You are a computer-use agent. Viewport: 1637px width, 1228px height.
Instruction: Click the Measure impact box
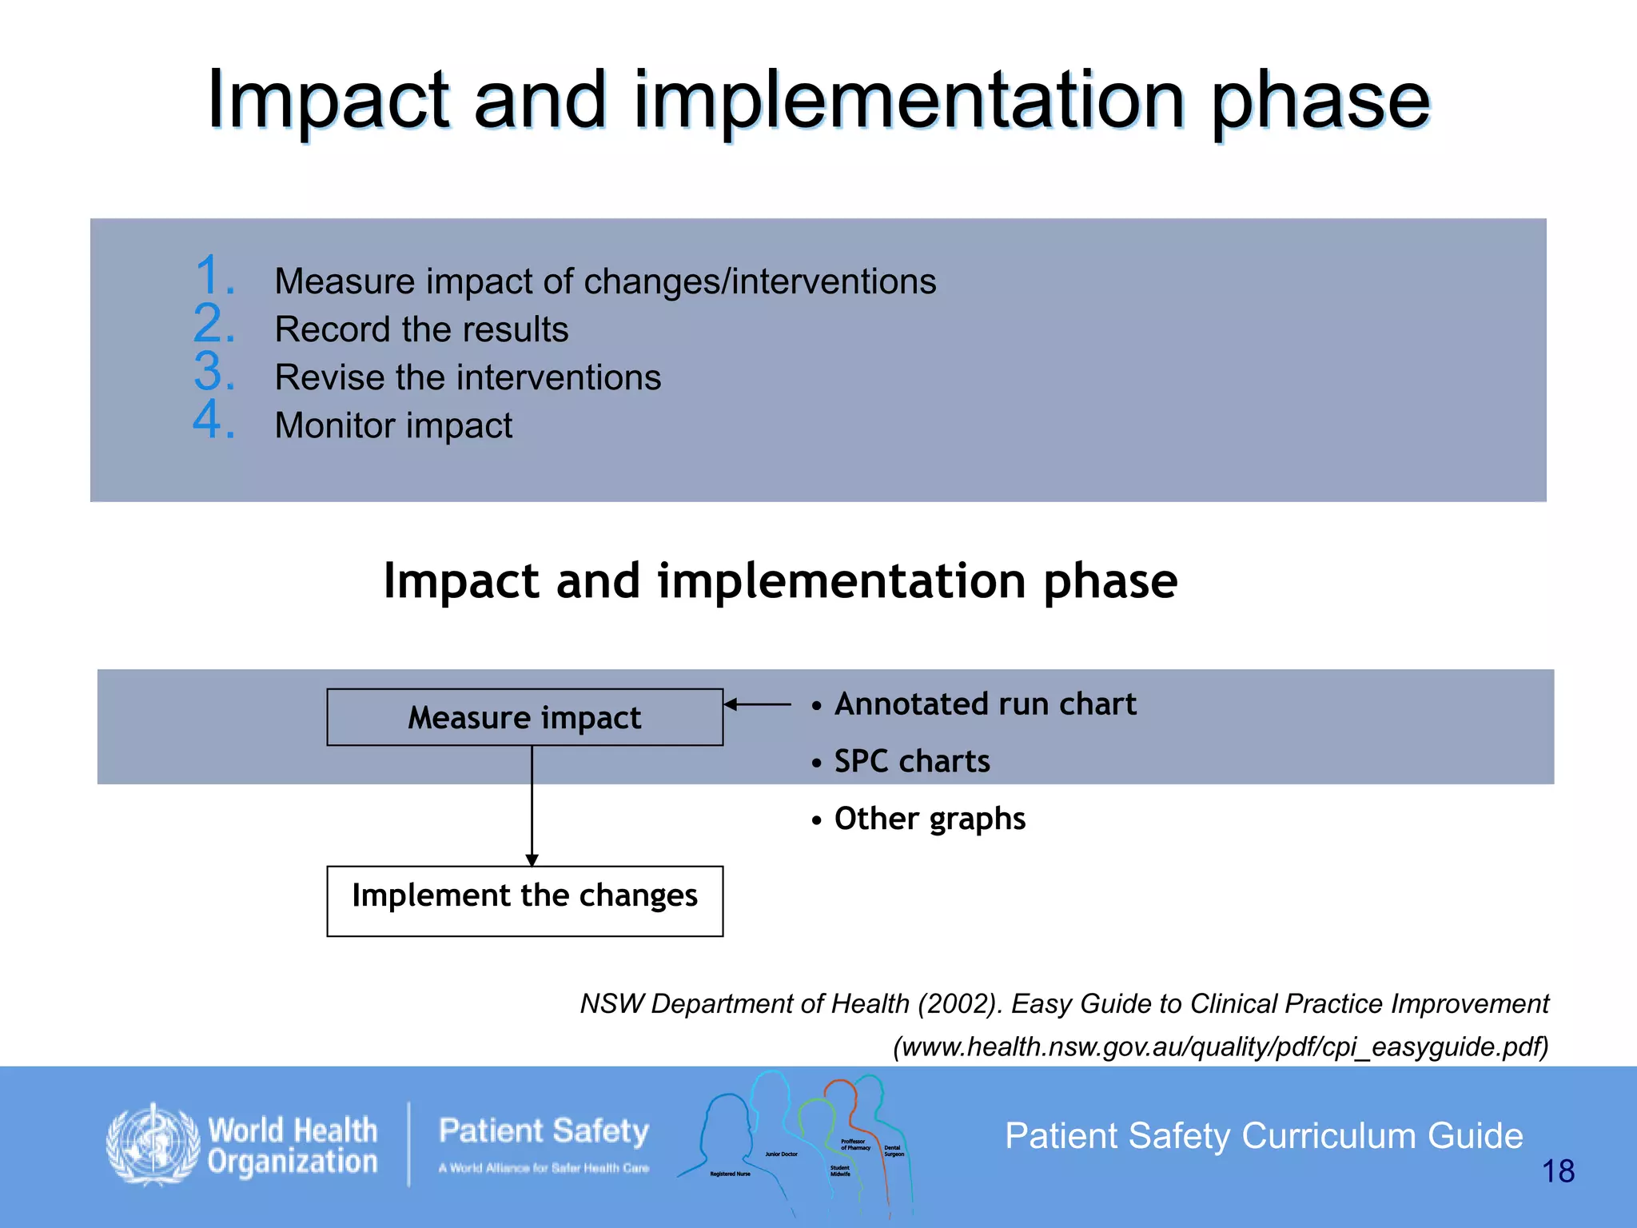[x=524, y=717]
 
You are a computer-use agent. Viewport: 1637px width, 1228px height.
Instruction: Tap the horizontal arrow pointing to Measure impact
[x=757, y=704]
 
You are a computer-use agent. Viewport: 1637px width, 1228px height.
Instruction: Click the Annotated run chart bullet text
[x=984, y=704]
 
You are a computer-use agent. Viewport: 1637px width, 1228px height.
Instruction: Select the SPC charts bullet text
[x=911, y=761]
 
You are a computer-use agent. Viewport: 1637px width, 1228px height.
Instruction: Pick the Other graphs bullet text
[x=929, y=819]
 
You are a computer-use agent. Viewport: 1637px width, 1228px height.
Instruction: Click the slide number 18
[x=1557, y=1171]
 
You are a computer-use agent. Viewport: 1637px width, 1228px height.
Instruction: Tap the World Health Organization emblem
[x=153, y=1144]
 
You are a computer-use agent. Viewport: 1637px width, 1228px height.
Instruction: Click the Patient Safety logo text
[x=544, y=1131]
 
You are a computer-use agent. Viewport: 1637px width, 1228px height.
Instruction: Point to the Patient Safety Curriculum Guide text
[x=1263, y=1135]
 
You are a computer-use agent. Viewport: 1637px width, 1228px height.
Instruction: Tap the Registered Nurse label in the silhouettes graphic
[x=730, y=1174]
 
